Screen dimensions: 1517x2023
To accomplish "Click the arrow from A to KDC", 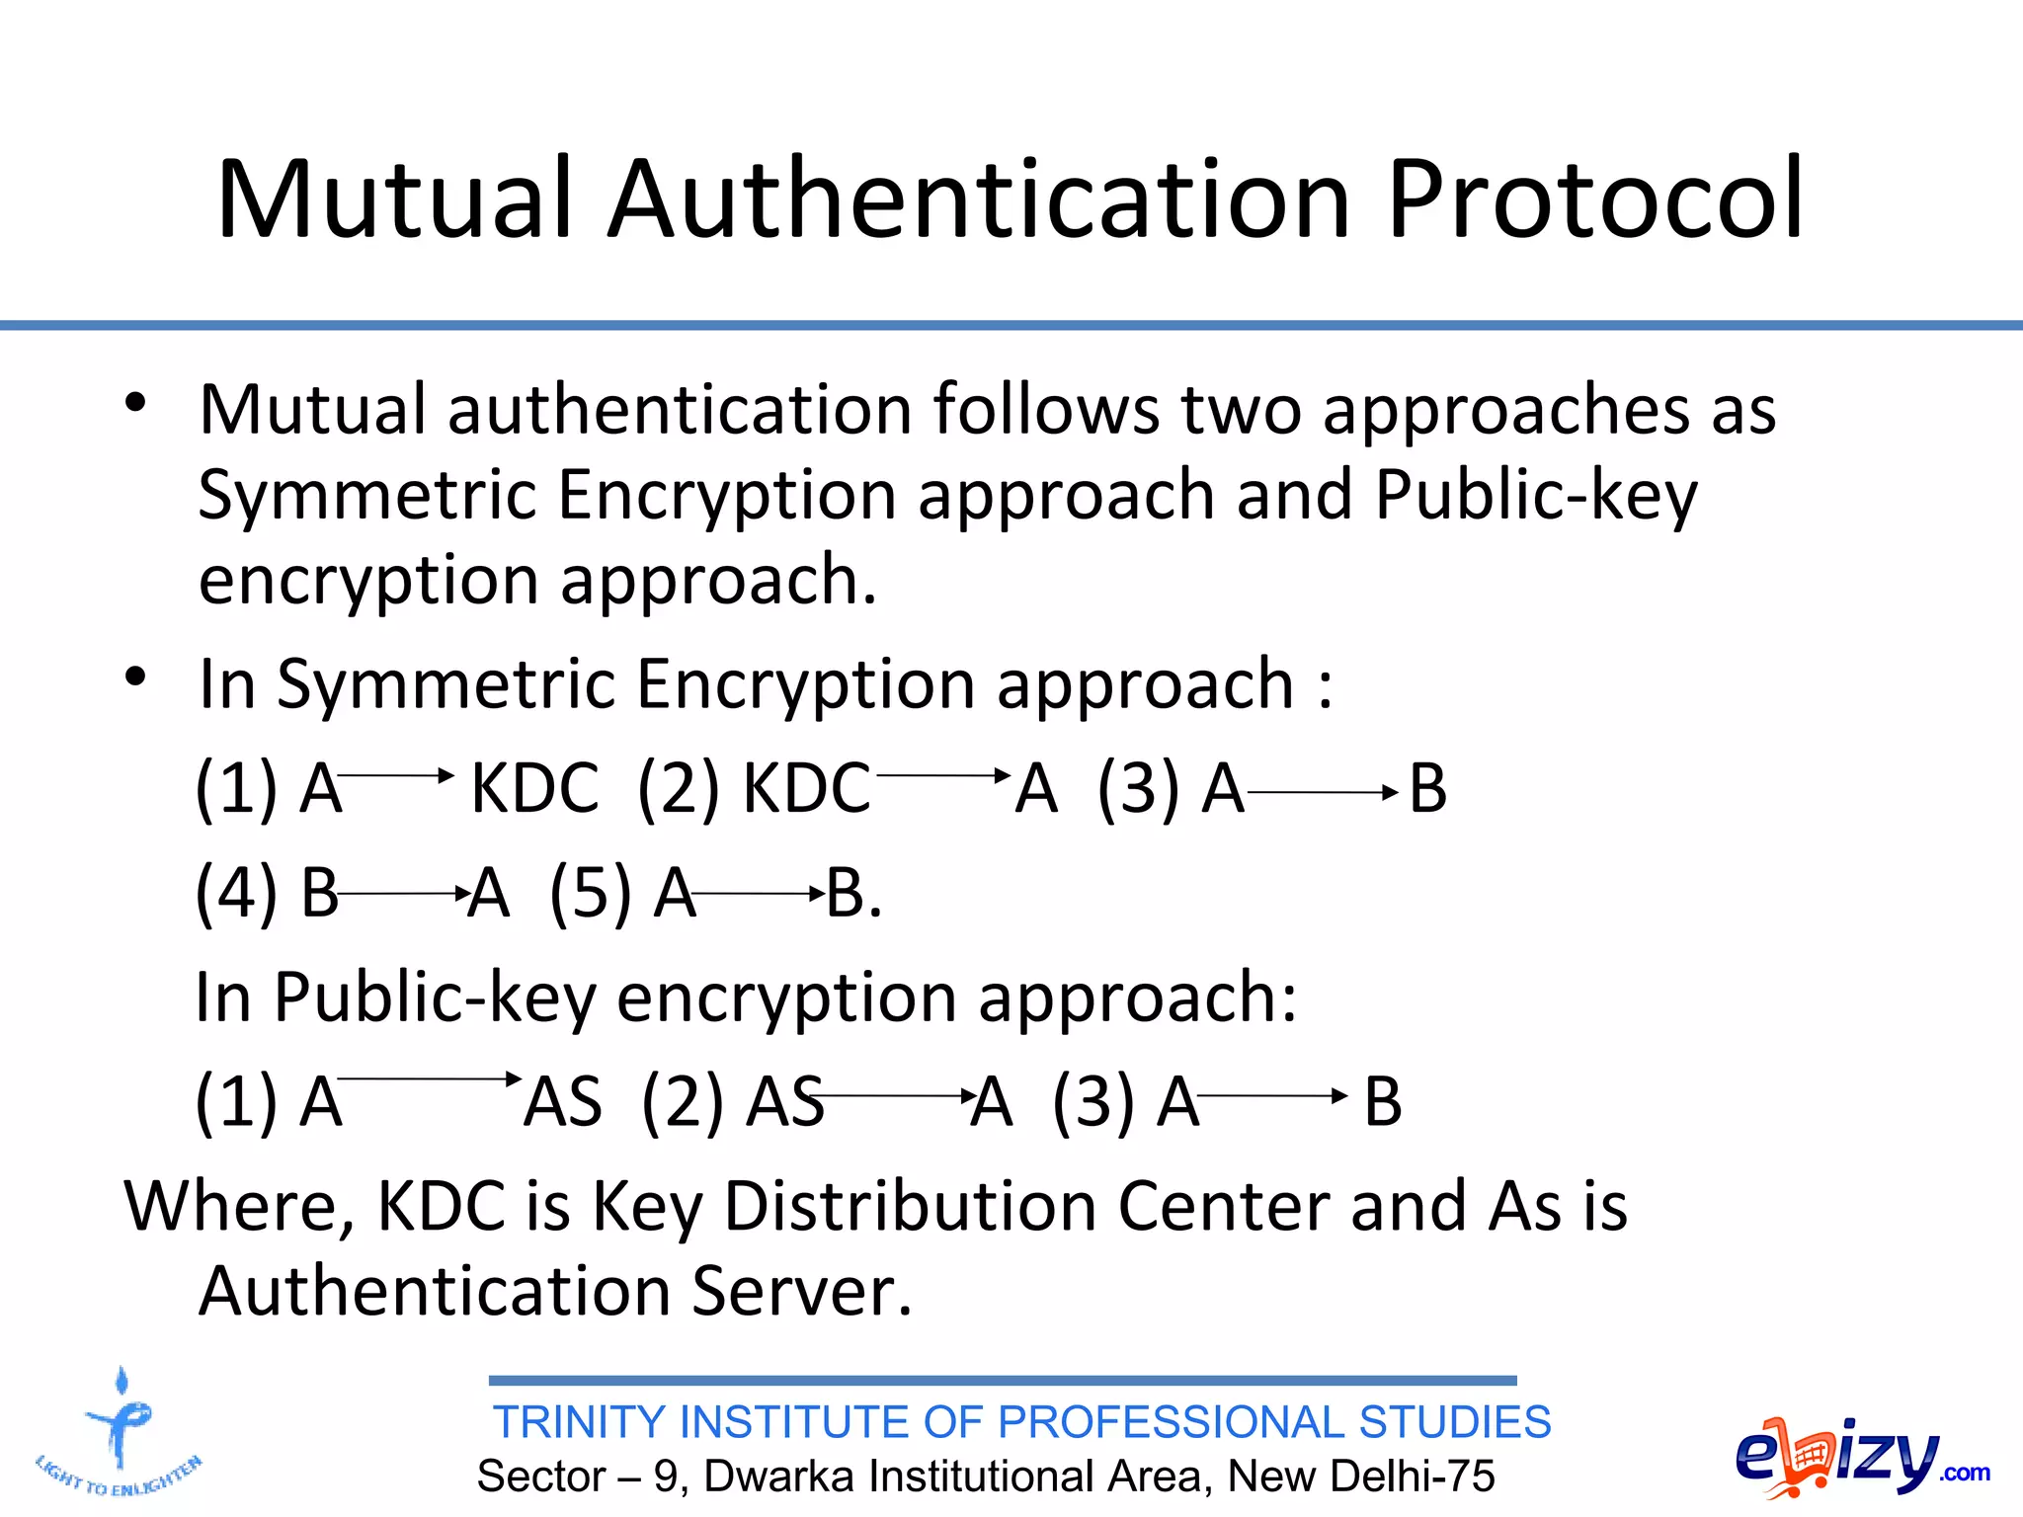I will [395, 775].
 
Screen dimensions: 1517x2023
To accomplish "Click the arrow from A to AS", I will [430, 1078].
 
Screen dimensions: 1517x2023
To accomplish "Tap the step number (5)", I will [590, 894].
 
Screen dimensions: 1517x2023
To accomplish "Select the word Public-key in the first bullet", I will [1536, 494].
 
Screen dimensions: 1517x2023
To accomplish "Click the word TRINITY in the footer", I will [579, 1422].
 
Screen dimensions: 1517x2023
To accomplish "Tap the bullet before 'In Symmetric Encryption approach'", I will [135, 678].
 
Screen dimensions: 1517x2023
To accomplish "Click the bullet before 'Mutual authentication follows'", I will [135, 403].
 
